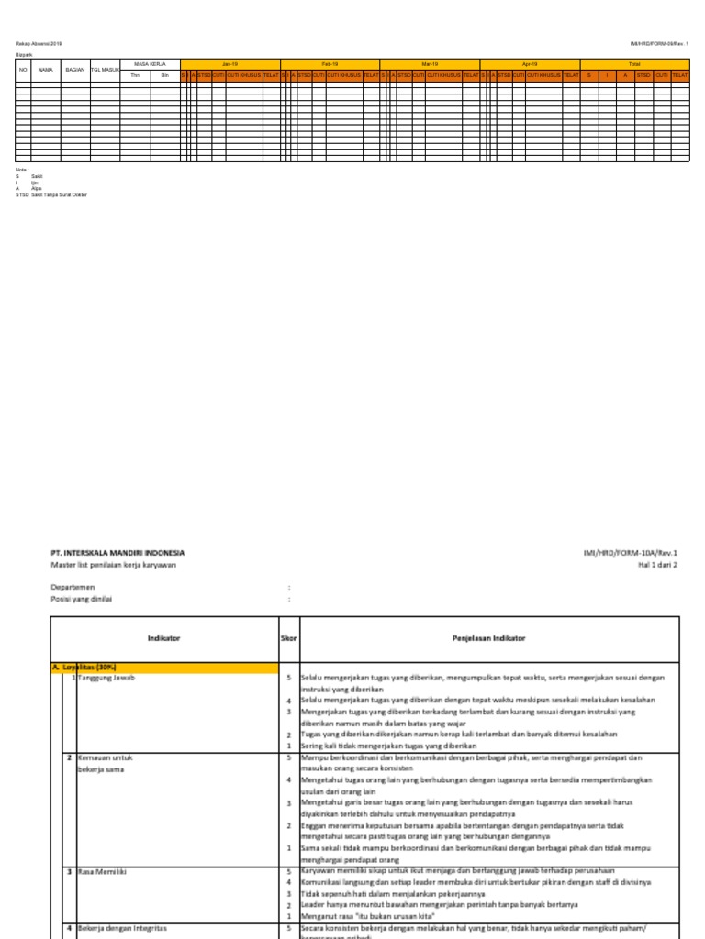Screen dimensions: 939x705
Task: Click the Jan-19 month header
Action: (x=229, y=64)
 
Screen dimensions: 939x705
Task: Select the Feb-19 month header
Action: (x=330, y=64)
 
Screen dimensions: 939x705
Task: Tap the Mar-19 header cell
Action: (x=430, y=64)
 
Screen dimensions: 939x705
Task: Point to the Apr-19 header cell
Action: (x=530, y=64)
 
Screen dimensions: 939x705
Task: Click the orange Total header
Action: (x=634, y=64)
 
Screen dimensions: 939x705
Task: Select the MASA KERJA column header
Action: (x=150, y=64)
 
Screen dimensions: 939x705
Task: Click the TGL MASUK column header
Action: (x=105, y=70)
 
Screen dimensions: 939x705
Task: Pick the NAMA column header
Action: (x=45, y=70)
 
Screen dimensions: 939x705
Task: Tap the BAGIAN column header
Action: (x=74, y=70)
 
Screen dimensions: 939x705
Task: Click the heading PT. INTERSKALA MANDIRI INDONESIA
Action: (x=117, y=553)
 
